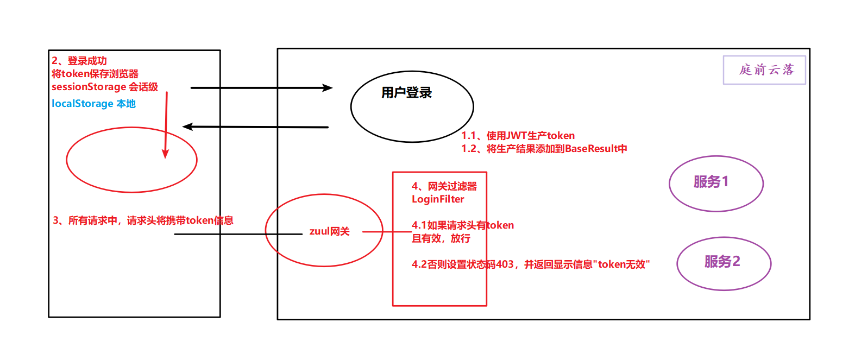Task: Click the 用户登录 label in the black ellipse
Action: coord(406,93)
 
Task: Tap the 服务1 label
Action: coord(711,181)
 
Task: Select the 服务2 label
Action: coord(722,262)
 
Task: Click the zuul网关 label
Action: coord(329,231)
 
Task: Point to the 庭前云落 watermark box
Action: coord(764,70)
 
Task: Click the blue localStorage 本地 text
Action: coord(93,104)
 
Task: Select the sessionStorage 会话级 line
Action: coord(104,87)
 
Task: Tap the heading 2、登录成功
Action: coord(79,61)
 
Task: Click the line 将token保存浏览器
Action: coord(95,74)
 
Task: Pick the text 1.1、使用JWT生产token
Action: coord(518,136)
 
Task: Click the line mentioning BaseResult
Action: coord(544,149)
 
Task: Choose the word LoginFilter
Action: coord(438,199)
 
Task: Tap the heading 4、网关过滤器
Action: coord(444,186)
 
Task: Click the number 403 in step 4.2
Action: coord(505,264)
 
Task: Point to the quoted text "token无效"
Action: coord(621,264)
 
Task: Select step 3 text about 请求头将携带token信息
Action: coord(143,220)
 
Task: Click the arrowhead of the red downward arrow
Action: coord(165,154)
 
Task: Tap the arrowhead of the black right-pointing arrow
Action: coord(328,87)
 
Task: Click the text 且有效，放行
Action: coord(441,238)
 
